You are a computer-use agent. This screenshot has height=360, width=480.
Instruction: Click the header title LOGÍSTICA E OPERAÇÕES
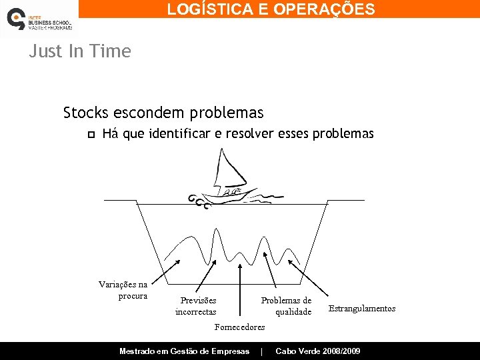[271, 9]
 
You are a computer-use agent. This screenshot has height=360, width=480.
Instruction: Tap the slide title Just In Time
[80, 51]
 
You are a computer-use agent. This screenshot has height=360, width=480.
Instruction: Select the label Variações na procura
[123, 290]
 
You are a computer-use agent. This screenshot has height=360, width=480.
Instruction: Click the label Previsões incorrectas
[196, 306]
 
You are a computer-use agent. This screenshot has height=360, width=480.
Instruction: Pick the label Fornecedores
[239, 327]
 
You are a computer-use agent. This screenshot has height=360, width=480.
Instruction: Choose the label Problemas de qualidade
[287, 306]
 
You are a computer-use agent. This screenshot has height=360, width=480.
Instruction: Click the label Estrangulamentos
[362, 308]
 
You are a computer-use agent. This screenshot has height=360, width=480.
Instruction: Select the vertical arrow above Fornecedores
[241, 287]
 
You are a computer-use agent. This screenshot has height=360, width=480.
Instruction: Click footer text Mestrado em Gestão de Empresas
[184, 351]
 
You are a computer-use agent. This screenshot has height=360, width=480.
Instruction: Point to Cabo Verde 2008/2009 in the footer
[318, 351]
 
